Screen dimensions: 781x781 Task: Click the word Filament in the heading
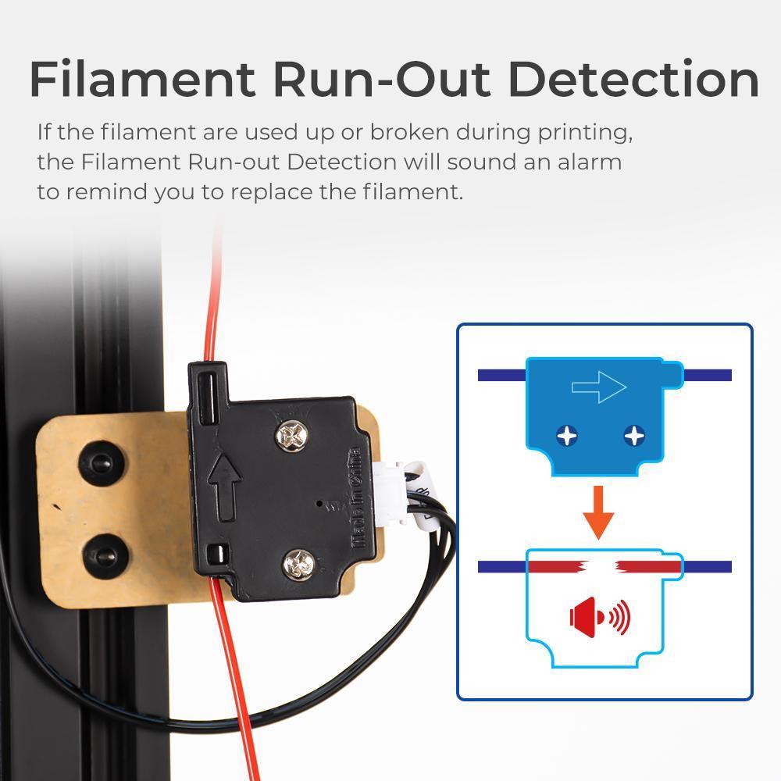[142, 79]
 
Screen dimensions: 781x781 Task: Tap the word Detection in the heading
[633, 79]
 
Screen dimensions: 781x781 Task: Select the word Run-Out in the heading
[382, 79]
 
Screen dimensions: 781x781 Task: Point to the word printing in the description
[585, 134]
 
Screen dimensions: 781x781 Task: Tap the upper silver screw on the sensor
[292, 437]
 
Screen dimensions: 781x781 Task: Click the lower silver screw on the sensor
[298, 563]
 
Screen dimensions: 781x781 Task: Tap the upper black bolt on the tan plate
[101, 462]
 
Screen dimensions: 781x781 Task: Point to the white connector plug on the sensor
[391, 493]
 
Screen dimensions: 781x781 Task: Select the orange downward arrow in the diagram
[598, 512]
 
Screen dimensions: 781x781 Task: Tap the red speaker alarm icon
[600, 617]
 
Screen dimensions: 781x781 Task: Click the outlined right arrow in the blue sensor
[599, 387]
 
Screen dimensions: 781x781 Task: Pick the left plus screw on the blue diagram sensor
[567, 437]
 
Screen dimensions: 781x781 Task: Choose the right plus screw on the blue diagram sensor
[634, 436]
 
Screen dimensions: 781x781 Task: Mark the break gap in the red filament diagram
[602, 566]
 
